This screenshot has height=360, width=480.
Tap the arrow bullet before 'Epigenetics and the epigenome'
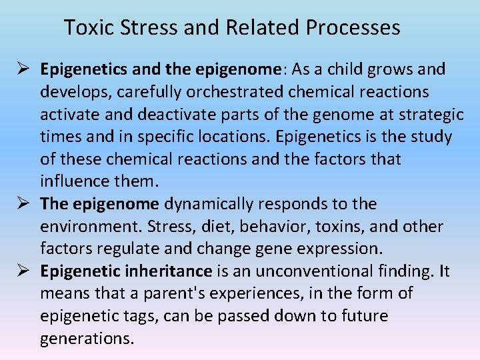point(22,69)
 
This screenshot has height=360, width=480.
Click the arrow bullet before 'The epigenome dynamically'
point(22,204)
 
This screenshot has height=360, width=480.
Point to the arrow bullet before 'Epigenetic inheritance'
point(22,271)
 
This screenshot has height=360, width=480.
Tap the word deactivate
point(171,115)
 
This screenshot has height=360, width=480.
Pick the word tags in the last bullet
point(141,316)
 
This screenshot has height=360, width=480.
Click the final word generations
point(86,339)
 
